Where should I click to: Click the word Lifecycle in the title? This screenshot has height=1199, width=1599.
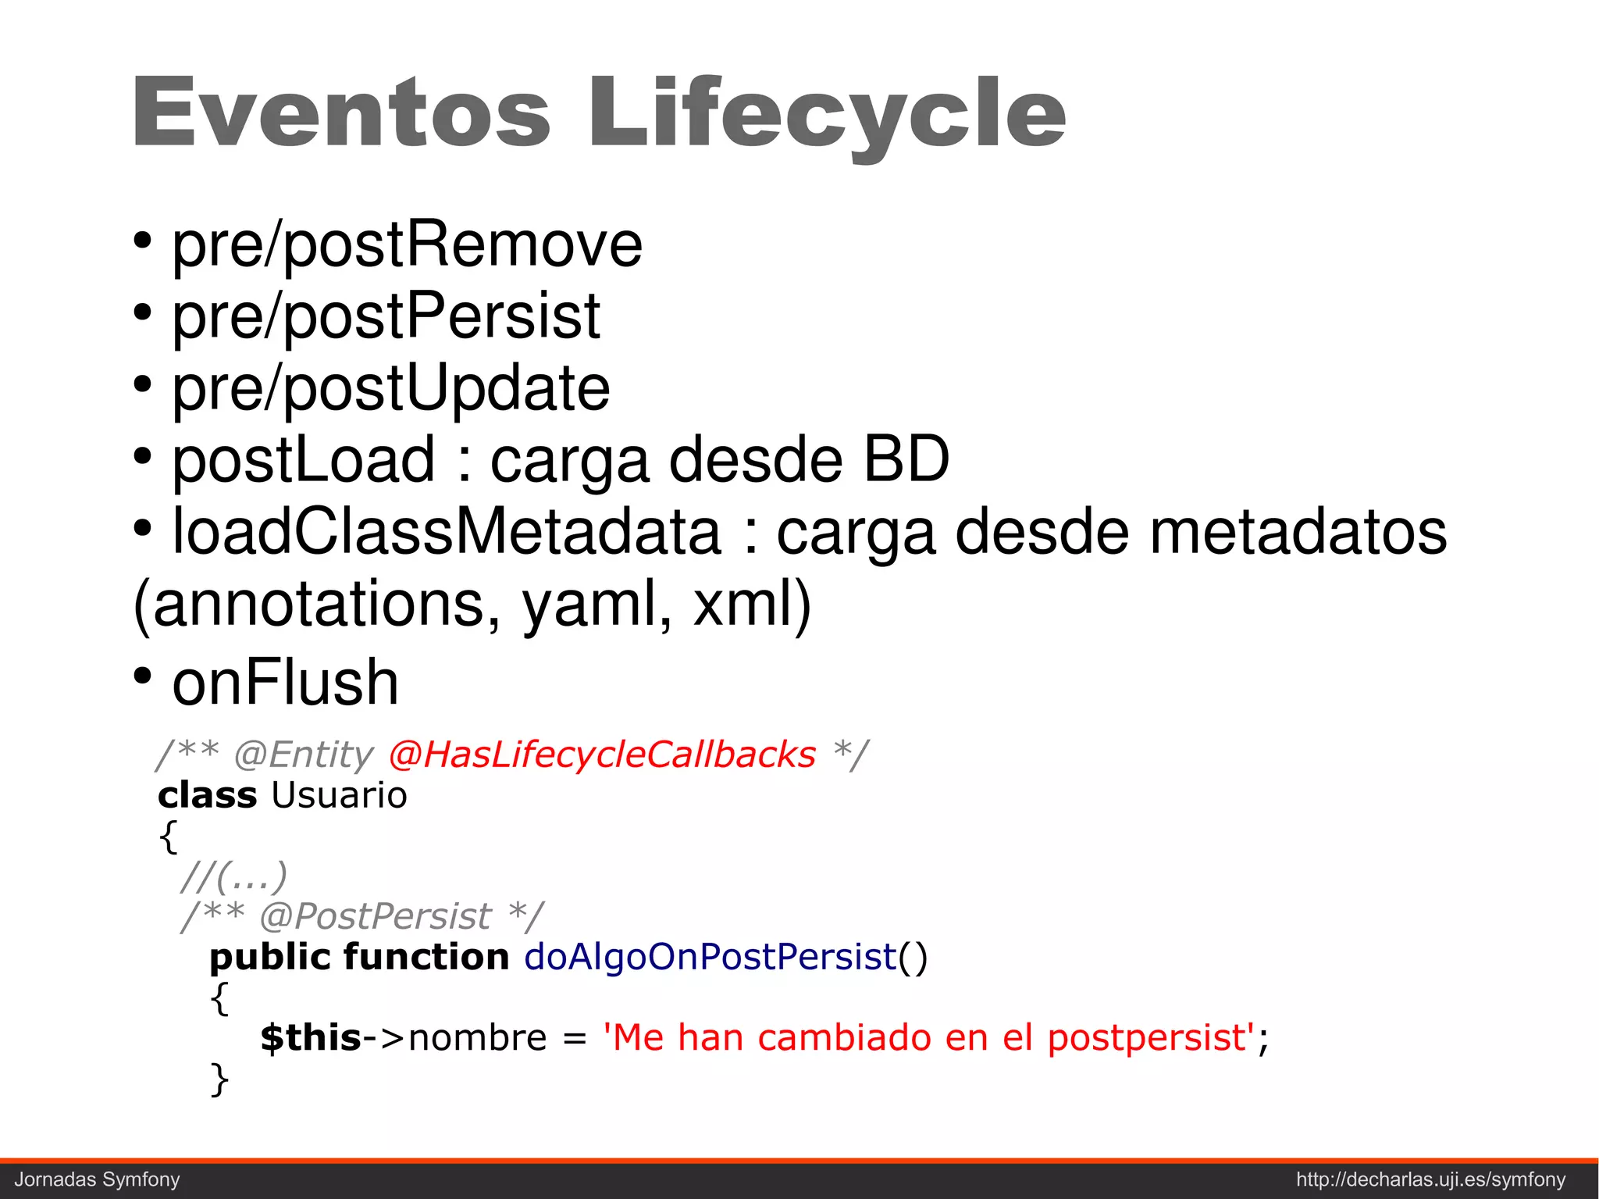827,114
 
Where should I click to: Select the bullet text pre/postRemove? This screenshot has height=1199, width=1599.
407,245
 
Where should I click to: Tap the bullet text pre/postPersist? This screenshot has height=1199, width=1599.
386,317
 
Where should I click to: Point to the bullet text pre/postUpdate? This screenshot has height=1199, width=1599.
390,388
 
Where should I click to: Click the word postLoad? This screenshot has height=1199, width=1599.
303,460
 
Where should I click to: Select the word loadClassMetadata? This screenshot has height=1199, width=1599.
447,532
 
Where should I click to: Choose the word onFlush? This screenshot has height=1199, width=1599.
285,682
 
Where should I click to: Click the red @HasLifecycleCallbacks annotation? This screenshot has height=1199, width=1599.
601,755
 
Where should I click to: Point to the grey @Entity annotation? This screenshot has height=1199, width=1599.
304,755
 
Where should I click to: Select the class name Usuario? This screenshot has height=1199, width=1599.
339,795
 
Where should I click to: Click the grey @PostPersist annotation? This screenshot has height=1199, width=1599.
375,916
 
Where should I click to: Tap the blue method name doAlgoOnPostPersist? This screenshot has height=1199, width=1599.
710,957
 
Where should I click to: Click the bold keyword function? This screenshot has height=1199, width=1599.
426,957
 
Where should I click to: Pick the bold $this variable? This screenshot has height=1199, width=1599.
311,1038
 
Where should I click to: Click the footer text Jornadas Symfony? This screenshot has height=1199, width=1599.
98,1179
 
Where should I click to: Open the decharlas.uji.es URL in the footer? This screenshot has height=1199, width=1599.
1430,1179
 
